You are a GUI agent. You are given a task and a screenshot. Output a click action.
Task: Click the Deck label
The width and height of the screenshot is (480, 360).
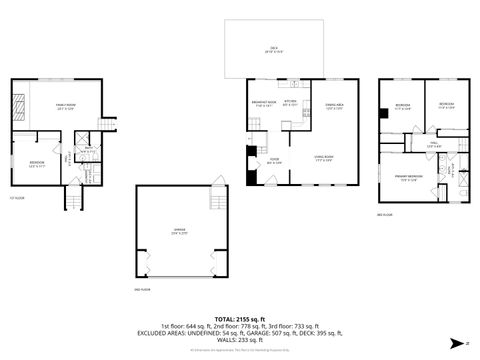[x=271, y=49]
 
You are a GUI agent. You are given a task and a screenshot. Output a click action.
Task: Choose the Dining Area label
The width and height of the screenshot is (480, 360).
[x=334, y=107]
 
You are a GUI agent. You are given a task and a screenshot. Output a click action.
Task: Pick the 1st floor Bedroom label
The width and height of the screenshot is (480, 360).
[x=37, y=165]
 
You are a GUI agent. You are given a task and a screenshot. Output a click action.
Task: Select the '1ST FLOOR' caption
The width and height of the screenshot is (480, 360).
[x=16, y=198]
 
